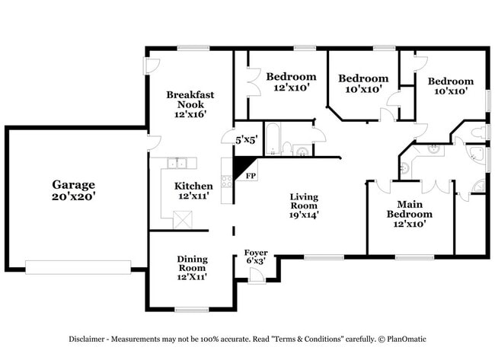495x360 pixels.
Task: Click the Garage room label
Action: [73, 184]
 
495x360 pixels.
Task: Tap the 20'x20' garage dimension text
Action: [73, 196]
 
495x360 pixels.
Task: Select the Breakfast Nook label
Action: [190, 99]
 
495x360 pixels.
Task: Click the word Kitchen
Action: [193, 186]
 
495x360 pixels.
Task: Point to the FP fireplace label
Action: [250, 176]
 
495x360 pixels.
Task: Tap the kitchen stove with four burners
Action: [226, 181]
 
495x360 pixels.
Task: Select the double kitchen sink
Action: [179, 162]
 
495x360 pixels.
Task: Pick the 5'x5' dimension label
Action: [246, 140]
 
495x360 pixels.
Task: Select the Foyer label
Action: [256, 253]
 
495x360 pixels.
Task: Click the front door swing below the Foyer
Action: [257, 277]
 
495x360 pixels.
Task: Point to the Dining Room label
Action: [192, 263]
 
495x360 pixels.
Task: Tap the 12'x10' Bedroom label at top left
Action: [291, 81]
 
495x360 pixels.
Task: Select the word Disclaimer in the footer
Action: [90, 339]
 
